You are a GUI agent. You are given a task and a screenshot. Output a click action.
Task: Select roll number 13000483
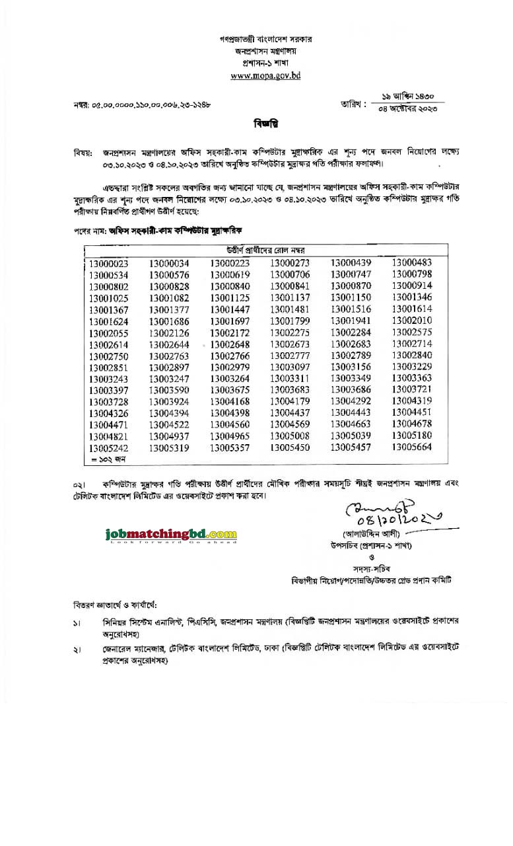(411, 263)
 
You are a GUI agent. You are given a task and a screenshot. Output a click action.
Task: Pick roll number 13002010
(411, 321)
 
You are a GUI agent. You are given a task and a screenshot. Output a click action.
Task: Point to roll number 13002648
(230, 344)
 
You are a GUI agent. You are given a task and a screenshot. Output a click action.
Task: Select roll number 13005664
(411, 447)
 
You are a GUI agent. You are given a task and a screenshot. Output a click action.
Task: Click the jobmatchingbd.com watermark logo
(170, 534)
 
